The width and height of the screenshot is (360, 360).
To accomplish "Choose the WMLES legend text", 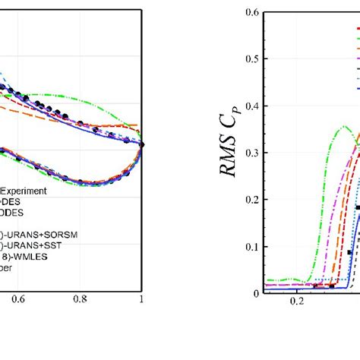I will (30, 246).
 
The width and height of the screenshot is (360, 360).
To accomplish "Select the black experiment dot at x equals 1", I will (141, 144).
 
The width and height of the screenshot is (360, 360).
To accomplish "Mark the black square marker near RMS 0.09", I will (350, 251).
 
